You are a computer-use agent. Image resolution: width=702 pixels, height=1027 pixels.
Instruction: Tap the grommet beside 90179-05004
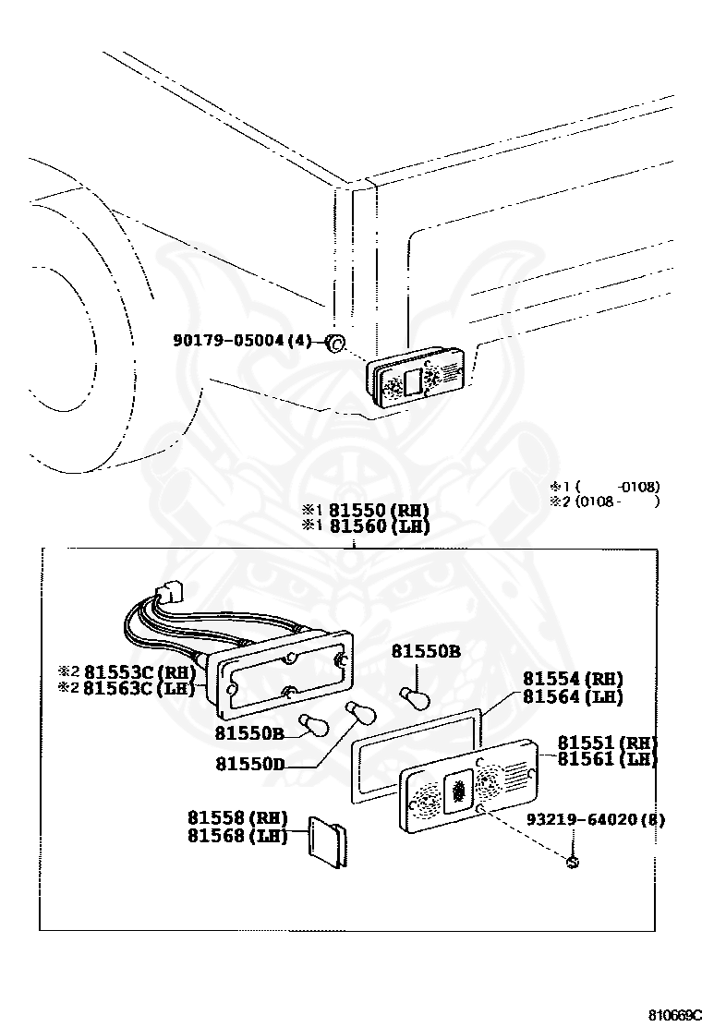(335, 344)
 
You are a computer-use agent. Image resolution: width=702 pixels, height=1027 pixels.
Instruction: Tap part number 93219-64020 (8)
(596, 819)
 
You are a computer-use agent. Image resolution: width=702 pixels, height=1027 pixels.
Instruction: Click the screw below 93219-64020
(573, 863)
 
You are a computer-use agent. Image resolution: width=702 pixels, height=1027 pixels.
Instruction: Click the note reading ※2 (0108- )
(605, 501)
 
